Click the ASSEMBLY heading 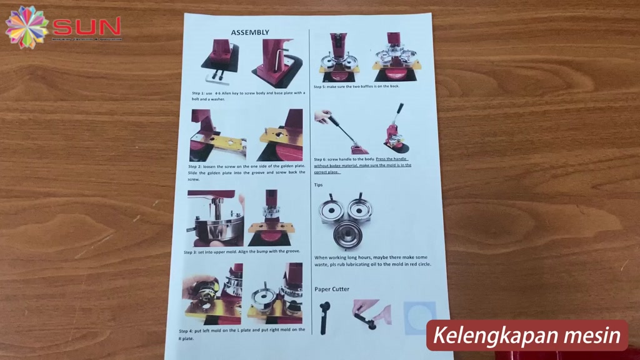(250, 32)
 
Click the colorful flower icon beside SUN (26, 27)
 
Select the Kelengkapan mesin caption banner (527, 335)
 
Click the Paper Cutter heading (332, 289)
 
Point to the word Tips (318, 185)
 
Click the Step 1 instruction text (248, 96)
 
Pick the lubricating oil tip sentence (372, 261)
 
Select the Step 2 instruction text (246, 172)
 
